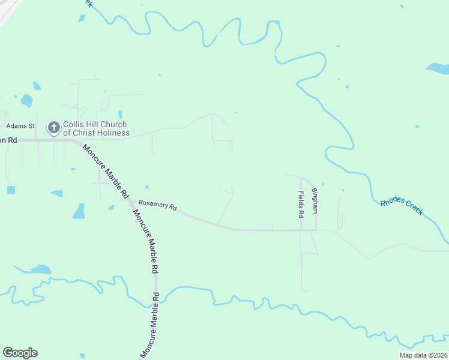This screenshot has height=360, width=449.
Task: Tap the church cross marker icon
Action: (x=54, y=127)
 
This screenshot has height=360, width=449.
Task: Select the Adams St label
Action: (x=21, y=126)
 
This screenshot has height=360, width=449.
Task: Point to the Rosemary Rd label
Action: (x=157, y=205)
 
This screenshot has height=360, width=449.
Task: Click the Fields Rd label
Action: (x=301, y=205)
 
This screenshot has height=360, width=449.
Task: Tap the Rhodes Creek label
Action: (x=402, y=208)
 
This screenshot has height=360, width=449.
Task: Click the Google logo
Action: (x=20, y=353)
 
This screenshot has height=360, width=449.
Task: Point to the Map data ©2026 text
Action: (x=423, y=355)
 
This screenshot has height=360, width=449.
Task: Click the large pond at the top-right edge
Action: (x=438, y=68)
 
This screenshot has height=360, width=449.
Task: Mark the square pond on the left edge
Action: (x=11, y=190)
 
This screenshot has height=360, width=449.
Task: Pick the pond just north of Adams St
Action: (x=26, y=100)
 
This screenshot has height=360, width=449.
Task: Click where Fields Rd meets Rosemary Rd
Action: (x=301, y=230)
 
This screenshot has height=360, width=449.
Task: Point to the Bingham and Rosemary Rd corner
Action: (x=316, y=230)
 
